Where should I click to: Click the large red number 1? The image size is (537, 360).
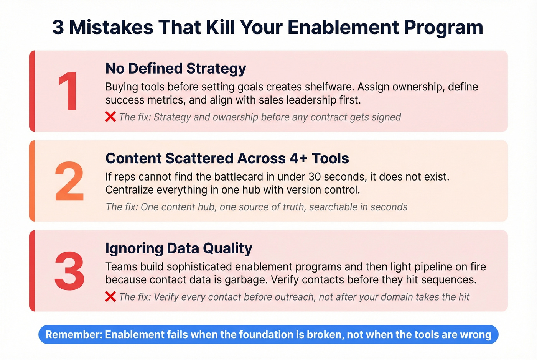(x=69, y=92)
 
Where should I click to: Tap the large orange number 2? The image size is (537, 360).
(x=69, y=181)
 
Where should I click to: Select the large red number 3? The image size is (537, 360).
(x=69, y=271)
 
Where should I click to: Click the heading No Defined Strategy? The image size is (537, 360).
(x=176, y=69)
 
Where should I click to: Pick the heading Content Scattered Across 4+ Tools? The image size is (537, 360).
(x=227, y=158)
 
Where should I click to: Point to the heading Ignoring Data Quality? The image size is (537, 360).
(x=179, y=248)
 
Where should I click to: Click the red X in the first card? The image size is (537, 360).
(x=110, y=117)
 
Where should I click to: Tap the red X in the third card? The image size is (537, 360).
(x=110, y=297)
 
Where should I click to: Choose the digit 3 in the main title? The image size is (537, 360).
(x=58, y=27)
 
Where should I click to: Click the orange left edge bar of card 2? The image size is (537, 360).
(x=32, y=181)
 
